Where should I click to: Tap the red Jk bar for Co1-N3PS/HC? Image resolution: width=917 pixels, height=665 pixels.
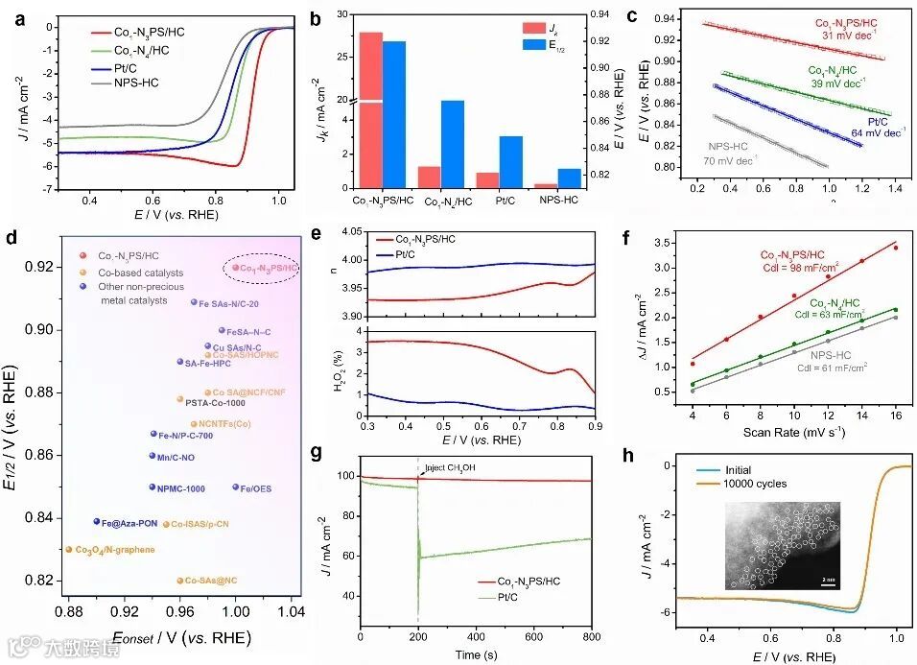[x=370, y=110]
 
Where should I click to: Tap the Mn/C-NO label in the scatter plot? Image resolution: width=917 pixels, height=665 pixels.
[x=178, y=456]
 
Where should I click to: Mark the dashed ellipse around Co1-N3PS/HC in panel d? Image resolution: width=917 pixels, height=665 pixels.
[x=260, y=268]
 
